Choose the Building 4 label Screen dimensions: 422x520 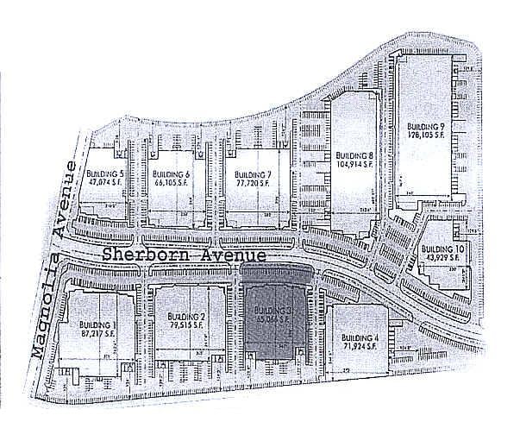pyautogui.click(x=360, y=337)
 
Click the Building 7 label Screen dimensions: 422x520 pyautogui.click(x=253, y=175)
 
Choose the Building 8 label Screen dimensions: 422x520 pyautogui.click(x=354, y=154)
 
